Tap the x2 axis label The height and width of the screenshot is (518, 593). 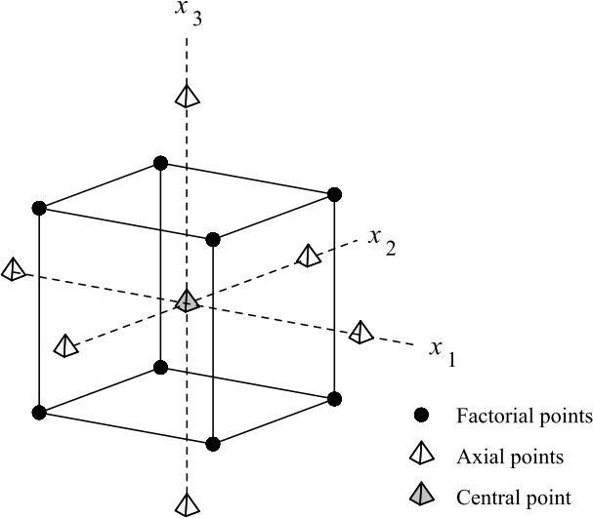tap(381, 239)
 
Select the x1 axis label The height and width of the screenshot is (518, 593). tap(443, 352)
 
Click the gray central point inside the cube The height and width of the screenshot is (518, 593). tap(188, 301)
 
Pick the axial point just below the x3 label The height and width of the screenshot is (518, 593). tap(188, 96)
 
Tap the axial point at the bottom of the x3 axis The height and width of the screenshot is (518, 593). tap(187, 503)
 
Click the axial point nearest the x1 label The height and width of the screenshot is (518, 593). tap(361, 332)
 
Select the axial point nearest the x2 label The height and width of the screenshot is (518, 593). tap(308, 256)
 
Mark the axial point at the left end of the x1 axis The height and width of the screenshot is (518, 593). tap(14, 269)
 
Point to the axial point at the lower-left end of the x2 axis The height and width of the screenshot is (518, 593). tap(65, 345)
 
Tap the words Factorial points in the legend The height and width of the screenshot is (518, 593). tap(524, 417)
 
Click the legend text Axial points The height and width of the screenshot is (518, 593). tap(510, 457)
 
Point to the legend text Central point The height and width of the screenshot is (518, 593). tap(514, 497)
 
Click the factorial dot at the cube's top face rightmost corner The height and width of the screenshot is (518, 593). tap(334, 194)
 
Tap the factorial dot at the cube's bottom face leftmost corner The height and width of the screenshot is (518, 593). tap(39, 412)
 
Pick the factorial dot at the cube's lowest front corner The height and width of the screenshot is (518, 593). tap(214, 444)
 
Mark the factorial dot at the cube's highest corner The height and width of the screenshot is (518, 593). tap(161, 163)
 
